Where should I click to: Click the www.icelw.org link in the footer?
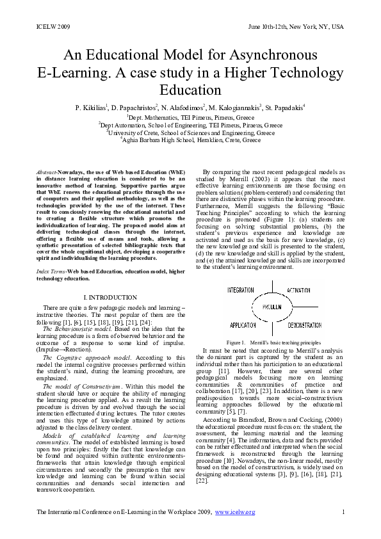pos(235,512)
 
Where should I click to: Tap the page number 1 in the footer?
pos(344,512)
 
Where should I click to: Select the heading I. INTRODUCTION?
pos(110,298)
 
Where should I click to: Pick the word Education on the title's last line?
pos(190,90)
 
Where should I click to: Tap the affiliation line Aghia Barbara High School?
pos(190,140)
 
